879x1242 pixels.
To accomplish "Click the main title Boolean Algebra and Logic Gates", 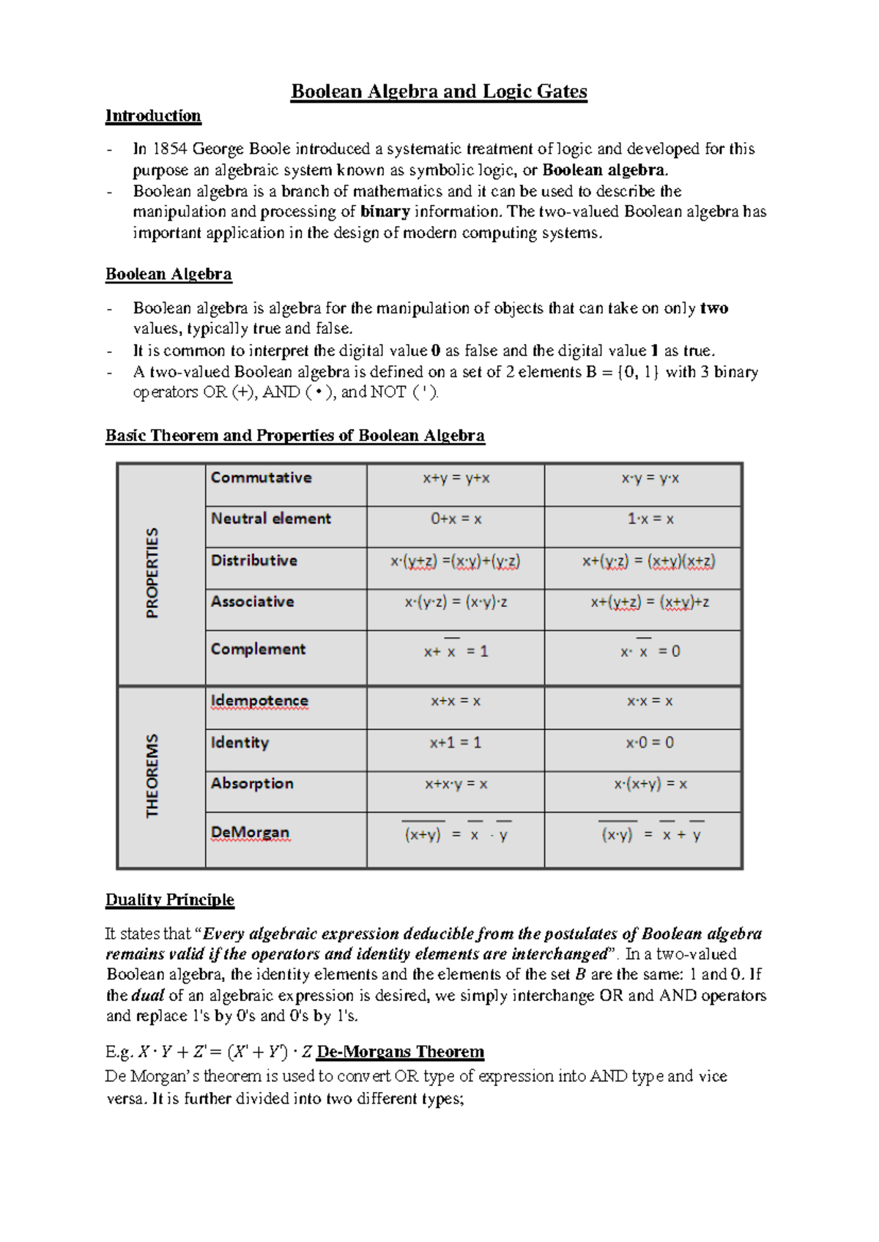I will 439,92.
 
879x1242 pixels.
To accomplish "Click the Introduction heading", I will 153,116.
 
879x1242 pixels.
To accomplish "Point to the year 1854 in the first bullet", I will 170,149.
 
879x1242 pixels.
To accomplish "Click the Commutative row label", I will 261,477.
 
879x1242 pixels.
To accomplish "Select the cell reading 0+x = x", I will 456,519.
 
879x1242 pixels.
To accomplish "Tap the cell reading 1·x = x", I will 650,519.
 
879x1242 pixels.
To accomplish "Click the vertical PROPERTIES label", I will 152,573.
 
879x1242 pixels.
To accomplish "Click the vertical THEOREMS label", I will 152,776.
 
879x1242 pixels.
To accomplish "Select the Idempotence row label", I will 259,701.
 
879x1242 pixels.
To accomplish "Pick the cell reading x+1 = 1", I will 455,743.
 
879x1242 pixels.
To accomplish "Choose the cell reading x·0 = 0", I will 649,743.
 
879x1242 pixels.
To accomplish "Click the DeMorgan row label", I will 250,833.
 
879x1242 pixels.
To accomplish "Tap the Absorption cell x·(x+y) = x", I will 650,784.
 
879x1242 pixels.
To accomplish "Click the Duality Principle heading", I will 170,899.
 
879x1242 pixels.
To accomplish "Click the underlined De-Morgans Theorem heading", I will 400,1052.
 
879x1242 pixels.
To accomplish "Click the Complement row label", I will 258,649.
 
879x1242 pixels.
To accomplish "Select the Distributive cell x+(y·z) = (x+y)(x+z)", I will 648,561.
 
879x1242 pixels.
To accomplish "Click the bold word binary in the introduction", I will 385,212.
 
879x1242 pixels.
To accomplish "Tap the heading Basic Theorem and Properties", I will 294,436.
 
